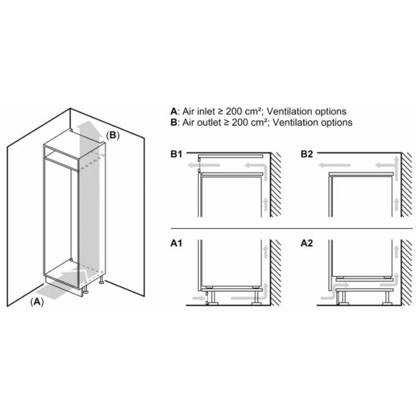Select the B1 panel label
[177, 154]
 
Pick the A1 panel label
[177, 243]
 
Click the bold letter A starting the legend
[174, 111]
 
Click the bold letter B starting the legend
[174, 122]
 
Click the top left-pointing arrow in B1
[195, 165]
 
